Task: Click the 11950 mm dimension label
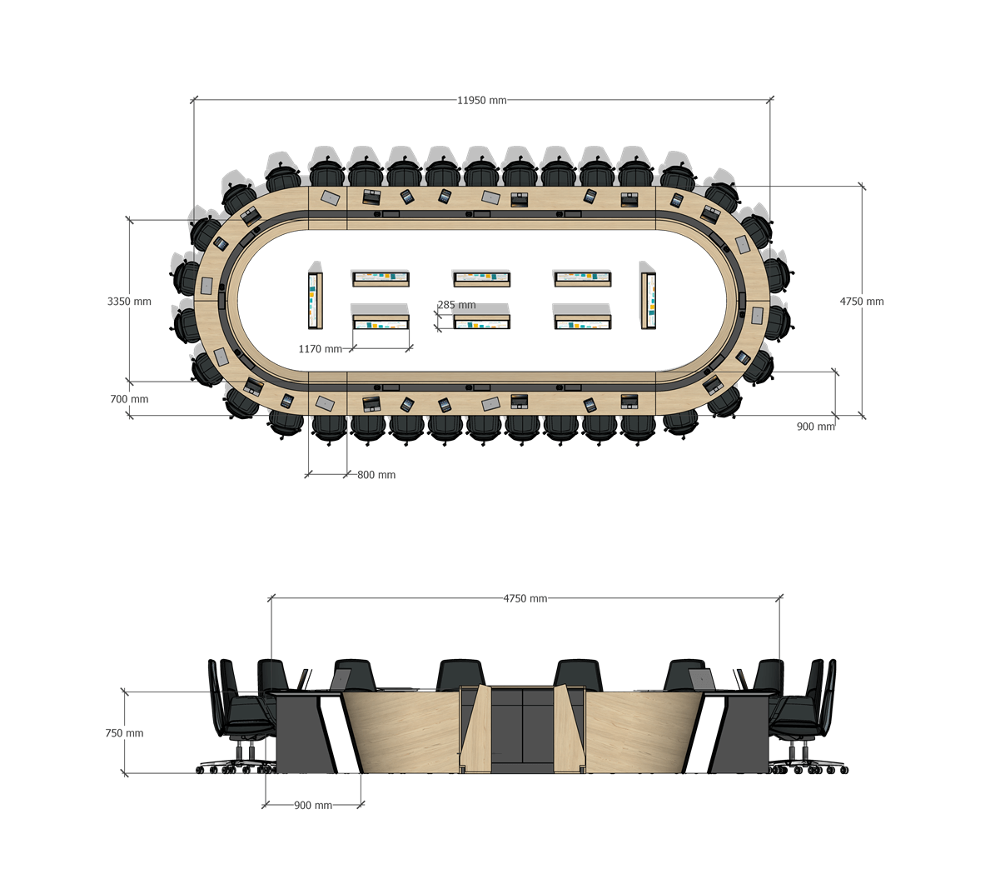click(481, 100)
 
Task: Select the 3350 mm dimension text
click(129, 301)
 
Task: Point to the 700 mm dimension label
click(129, 399)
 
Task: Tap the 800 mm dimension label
click(376, 475)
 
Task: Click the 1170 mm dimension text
click(320, 349)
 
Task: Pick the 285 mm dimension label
click(456, 305)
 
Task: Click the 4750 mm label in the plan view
click(862, 301)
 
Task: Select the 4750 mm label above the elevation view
click(525, 598)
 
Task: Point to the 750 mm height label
click(124, 732)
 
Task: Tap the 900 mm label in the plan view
click(815, 427)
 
